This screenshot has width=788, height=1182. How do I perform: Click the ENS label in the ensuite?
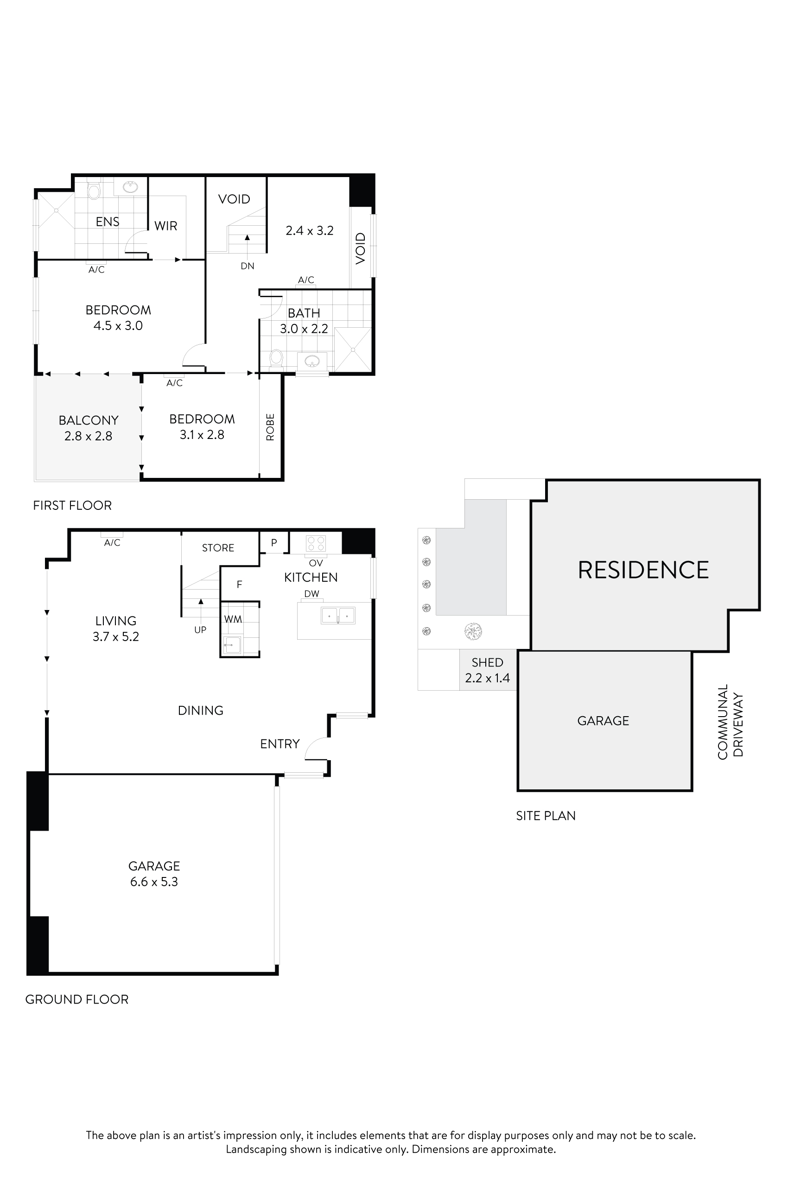(108, 222)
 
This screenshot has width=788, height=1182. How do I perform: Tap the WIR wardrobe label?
(166, 226)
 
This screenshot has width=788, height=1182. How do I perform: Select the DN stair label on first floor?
(247, 266)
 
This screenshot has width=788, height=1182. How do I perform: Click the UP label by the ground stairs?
(200, 629)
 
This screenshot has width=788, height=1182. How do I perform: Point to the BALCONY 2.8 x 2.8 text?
(89, 428)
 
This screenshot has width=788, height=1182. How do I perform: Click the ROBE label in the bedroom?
(270, 427)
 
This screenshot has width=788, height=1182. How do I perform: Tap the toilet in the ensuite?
(94, 191)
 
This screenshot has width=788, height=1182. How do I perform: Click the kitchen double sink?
(338, 616)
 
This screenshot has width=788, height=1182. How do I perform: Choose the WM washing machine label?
(233, 619)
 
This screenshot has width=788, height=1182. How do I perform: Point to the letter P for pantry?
(274, 543)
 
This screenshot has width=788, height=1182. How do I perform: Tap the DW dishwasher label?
(311, 593)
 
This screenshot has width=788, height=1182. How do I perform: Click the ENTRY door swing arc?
(315, 747)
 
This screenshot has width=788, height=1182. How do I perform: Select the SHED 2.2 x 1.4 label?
(487, 670)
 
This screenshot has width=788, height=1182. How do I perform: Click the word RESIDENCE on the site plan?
(643, 570)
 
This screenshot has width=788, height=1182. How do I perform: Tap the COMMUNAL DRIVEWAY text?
(730, 722)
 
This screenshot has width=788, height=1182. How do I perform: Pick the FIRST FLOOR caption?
(72, 506)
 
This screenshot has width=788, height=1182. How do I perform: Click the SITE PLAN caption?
(546, 816)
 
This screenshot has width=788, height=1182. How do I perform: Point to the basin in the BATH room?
(312, 361)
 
